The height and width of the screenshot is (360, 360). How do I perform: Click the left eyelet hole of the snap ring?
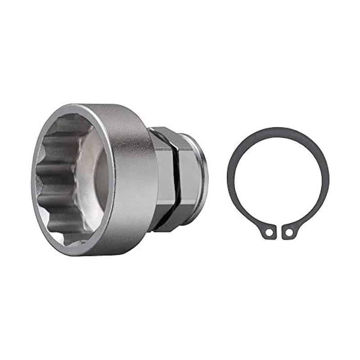click(x=269, y=233)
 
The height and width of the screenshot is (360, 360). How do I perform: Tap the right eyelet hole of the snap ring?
click(x=289, y=233)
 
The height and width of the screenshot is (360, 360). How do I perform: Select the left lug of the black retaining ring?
click(x=267, y=231)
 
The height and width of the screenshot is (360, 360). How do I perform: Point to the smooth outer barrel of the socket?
click(x=133, y=180)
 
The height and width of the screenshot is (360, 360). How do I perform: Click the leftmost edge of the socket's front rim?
click(x=34, y=180)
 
